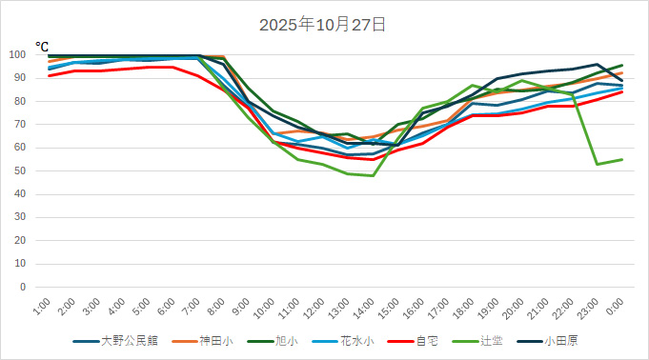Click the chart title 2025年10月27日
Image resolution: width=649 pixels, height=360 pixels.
coord(324,25)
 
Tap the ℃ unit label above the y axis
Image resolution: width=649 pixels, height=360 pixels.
coord(42,45)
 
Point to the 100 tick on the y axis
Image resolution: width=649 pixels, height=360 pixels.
coord(26,55)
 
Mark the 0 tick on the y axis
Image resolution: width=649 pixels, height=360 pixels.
coord(31,287)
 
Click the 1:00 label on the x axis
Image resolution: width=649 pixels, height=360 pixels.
coord(42,307)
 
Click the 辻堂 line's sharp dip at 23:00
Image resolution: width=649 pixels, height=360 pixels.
coord(598,164)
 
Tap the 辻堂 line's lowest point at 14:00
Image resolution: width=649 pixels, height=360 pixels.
coord(373,175)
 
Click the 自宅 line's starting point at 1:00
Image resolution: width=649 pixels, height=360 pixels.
coord(50,75)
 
